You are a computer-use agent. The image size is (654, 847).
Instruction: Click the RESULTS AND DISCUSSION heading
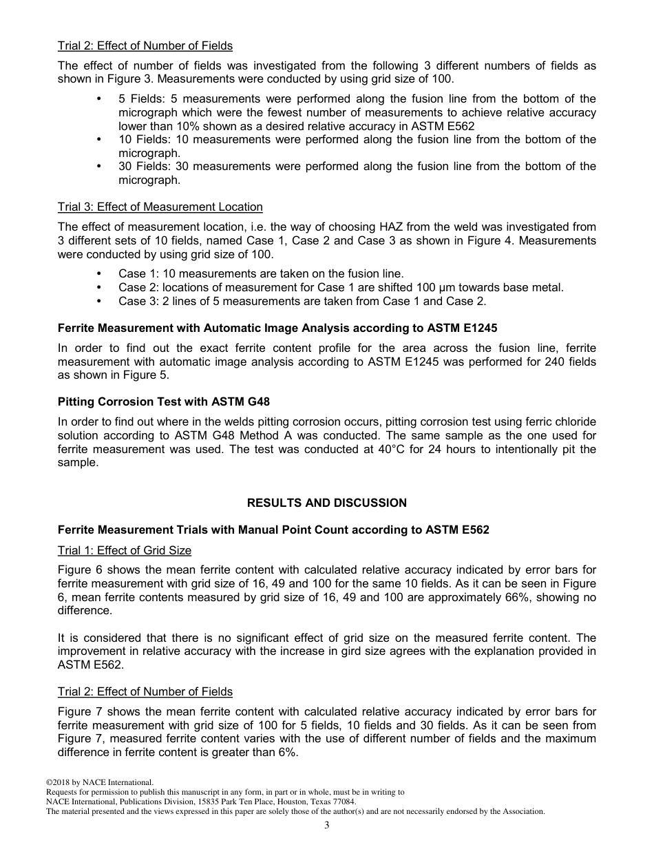coord(326,503)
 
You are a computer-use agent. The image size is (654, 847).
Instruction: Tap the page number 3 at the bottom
coord(327,826)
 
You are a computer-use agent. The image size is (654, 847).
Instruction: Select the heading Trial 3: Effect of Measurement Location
coord(160,207)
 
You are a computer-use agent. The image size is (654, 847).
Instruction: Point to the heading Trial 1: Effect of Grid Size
coord(125,550)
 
